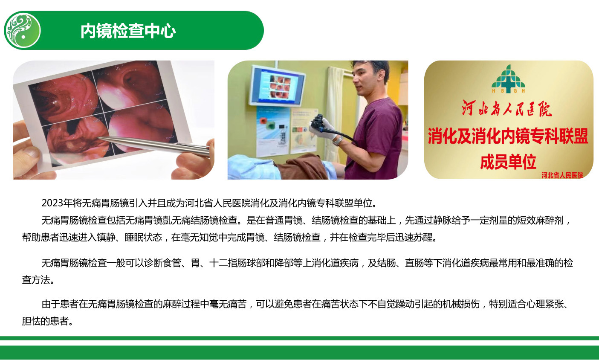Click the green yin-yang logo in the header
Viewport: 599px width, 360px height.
pyautogui.click(x=23, y=30)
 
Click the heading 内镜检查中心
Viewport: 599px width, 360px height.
pyautogui.click(x=128, y=31)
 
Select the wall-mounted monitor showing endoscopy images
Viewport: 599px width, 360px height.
pyautogui.click(x=277, y=85)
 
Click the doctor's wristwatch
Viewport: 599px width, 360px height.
pyautogui.click(x=338, y=141)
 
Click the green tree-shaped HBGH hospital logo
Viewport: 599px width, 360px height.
pyautogui.click(x=508, y=78)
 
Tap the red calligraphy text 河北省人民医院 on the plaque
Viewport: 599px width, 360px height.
pyautogui.click(x=507, y=108)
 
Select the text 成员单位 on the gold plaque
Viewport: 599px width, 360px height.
pyautogui.click(x=508, y=162)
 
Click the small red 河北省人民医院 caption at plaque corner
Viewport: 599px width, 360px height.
pyautogui.click(x=562, y=175)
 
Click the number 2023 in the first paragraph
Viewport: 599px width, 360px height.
pyautogui.click(x=52, y=203)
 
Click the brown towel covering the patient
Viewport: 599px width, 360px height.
pyautogui.click(x=302, y=167)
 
